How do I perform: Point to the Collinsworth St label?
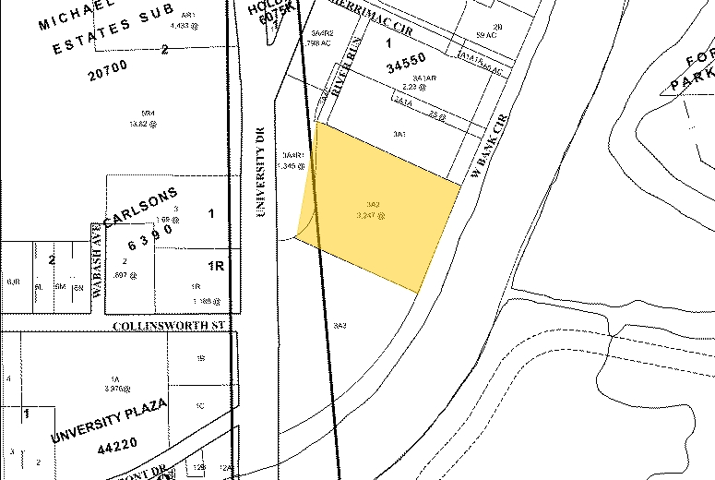tap(170, 326)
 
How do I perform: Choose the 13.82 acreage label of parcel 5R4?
tap(138, 123)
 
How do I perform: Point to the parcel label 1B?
tap(198, 357)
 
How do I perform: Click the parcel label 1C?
tap(199, 405)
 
